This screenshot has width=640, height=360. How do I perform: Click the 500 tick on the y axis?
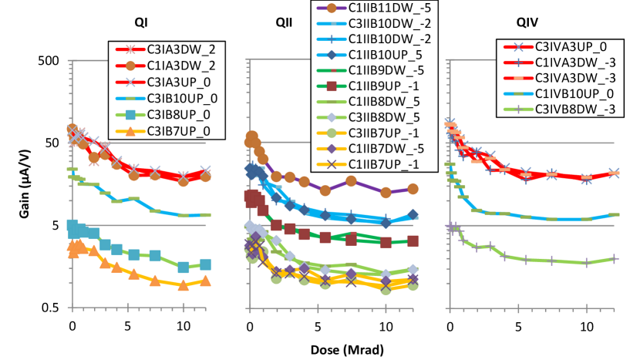(x=48, y=61)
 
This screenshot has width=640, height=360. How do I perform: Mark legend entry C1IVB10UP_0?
(x=575, y=92)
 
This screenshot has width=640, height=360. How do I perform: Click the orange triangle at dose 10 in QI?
(x=184, y=285)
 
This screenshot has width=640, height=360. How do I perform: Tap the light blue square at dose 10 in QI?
(x=184, y=267)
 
